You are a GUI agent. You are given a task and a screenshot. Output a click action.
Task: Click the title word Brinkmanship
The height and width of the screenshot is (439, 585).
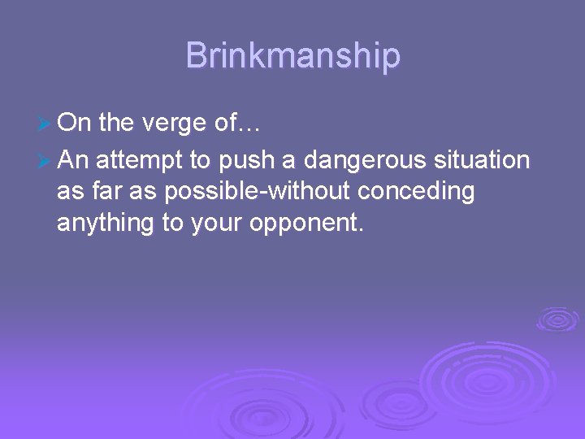(292, 56)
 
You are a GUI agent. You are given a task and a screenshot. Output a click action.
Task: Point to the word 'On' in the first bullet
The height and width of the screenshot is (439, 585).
(75, 123)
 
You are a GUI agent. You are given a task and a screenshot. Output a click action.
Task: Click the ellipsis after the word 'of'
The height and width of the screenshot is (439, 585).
(249, 124)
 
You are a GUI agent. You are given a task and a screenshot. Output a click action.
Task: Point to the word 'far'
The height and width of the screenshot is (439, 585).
(108, 192)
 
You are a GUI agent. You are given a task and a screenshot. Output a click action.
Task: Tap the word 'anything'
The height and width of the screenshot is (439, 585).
(106, 224)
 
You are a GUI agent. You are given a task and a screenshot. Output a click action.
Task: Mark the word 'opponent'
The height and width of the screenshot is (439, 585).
(309, 224)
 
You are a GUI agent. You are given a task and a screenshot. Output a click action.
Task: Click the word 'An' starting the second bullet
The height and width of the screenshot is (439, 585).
(75, 160)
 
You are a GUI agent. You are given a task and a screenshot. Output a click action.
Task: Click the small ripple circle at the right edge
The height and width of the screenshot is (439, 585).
(557, 319)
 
